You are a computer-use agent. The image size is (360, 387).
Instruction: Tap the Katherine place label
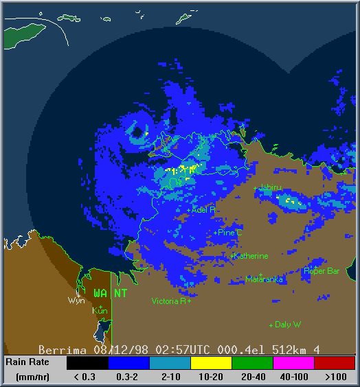tap(251, 256)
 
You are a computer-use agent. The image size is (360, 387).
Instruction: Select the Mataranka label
tap(265, 279)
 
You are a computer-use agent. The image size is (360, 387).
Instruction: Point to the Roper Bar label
tap(322, 271)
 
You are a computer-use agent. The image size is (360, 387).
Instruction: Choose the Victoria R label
tap(169, 301)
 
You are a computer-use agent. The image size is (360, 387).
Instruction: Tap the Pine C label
tap(230, 233)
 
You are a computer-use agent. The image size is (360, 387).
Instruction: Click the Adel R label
tap(204, 209)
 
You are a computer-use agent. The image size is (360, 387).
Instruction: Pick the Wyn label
tap(76, 301)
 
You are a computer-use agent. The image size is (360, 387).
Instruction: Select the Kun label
tap(100, 311)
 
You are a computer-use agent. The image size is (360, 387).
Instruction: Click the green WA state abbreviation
tap(100, 293)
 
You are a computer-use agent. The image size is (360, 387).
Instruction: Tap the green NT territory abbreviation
tap(120, 293)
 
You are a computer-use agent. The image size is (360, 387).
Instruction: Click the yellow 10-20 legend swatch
tap(210, 362)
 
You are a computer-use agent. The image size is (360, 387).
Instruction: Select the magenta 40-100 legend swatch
tap(293, 362)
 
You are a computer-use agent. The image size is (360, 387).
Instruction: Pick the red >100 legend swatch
tap(334, 362)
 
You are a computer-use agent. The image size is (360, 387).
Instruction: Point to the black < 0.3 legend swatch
tap(87, 362)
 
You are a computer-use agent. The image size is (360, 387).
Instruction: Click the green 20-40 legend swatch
tap(251, 362)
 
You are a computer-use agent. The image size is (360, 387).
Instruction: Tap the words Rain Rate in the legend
tap(27, 362)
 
